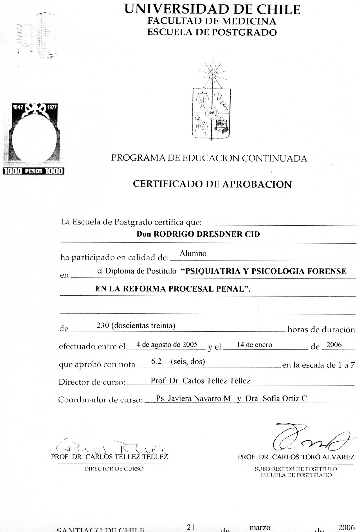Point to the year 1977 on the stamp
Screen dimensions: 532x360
(x=52, y=107)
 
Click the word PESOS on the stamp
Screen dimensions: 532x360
(x=34, y=171)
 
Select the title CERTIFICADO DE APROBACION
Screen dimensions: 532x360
(x=212, y=184)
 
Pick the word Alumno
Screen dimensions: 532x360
(x=193, y=254)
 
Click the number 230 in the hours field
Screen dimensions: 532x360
(x=103, y=326)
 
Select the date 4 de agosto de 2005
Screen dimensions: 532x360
(x=167, y=345)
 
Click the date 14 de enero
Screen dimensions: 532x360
(x=255, y=345)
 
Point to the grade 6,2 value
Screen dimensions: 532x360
(x=157, y=362)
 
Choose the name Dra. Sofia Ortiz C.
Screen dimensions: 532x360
(x=277, y=398)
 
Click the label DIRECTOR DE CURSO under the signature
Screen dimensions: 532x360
(x=114, y=469)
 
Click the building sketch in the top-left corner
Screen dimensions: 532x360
(x=37, y=37)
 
